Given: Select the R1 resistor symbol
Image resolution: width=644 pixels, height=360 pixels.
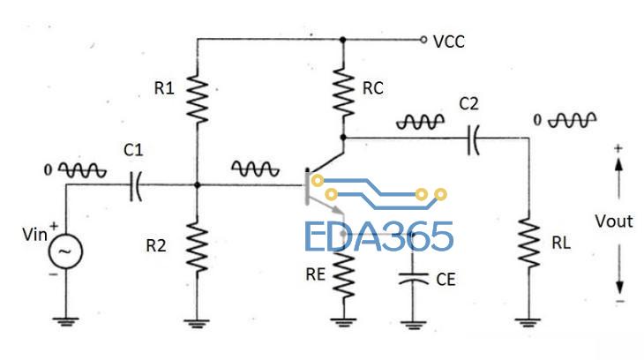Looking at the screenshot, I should click(197, 98).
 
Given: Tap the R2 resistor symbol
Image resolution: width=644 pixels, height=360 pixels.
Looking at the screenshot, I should click(197, 246).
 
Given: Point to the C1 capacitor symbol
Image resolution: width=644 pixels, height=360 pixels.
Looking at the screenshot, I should click(135, 185).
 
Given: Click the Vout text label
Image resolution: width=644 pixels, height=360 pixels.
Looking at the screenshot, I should click(614, 221).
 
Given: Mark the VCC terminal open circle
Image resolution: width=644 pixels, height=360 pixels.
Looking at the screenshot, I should click(423, 40).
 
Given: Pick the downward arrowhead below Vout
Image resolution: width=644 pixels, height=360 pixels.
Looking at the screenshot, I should click(618, 288).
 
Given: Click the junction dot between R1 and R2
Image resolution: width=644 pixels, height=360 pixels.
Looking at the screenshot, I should click(197, 185).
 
